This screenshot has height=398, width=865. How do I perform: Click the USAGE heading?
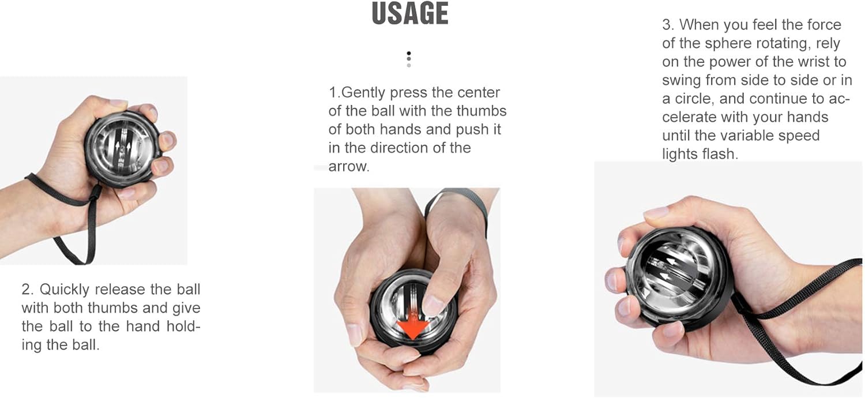pyautogui.click(x=410, y=14)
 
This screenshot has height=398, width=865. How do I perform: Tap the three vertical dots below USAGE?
pyautogui.click(x=409, y=59)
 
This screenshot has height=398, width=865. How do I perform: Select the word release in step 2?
pyautogui.click(x=118, y=290)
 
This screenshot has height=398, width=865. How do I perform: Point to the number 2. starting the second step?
pyautogui.click(x=28, y=290)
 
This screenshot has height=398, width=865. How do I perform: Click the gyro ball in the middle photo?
pyautogui.click(x=413, y=314)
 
